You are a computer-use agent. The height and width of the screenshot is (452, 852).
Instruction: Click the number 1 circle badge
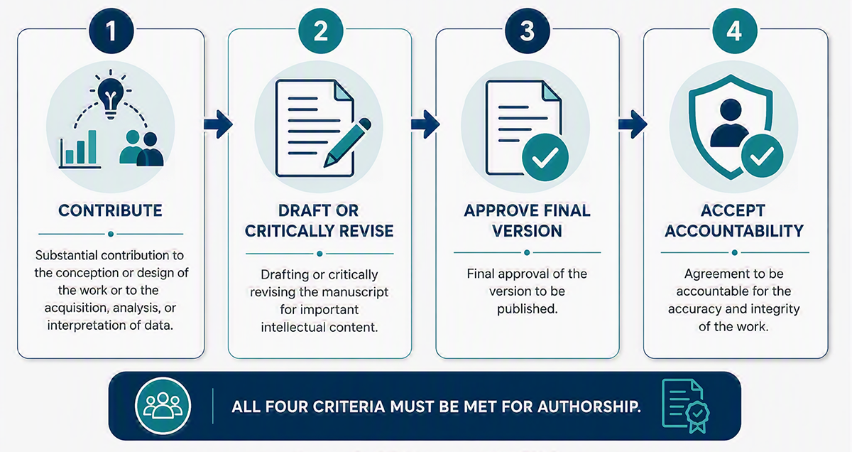[111, 31]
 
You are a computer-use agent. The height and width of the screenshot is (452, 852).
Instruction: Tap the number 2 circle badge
[320, 31]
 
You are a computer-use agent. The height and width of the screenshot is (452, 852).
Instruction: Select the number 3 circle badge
[527, 31]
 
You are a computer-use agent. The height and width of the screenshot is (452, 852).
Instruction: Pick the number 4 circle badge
[734, 31]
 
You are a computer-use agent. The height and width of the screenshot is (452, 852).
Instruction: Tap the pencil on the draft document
[347, 143]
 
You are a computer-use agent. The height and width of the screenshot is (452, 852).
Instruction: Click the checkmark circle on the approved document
[545, 157]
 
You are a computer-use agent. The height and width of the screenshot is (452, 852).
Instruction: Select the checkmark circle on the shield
[762, 156]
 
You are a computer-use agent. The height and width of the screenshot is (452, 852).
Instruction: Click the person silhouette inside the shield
[730, 123]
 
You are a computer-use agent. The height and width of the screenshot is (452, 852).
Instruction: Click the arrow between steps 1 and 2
[218, 124]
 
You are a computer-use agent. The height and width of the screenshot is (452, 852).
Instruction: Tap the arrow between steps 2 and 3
[425, 124]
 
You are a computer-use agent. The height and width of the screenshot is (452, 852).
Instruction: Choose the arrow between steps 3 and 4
[633, 124]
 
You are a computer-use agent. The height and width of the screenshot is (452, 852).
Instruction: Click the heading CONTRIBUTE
[110, 210]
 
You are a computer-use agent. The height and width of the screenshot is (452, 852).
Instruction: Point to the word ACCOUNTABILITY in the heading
[734, 231]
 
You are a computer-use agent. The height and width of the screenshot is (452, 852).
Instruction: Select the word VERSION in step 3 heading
[527, 231]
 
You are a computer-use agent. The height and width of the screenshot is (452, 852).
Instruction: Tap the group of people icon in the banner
[163, 406]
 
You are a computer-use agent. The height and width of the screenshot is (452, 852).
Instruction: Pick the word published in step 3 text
[527, 309]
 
